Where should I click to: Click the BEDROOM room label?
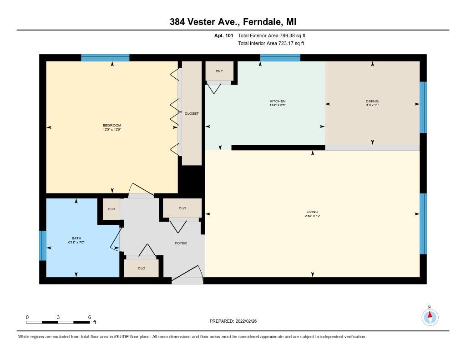[112, 125]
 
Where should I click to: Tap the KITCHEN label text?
[278, 101]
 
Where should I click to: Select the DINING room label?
[372, 101]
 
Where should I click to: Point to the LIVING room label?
[312, 212]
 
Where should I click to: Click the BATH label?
[76, 238]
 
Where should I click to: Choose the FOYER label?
[181, 243]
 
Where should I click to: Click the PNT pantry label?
[219, 71]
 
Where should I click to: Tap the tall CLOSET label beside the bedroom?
[192, 113]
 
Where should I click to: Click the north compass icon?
[430, 316]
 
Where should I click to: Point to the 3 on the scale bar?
[58, 317]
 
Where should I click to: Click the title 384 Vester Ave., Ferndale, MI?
[233, 21]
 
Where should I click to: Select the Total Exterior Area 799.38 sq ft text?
[275, 35]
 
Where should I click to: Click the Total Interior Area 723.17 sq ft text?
[271, 43]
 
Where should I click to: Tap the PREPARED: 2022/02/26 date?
[236, 321]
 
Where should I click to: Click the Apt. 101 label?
[224, 35]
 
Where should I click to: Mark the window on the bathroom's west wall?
[43, 245]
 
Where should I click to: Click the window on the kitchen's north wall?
[280, 57]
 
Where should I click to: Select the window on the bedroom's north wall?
[105, 57]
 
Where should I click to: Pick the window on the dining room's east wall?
[423, 107]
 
